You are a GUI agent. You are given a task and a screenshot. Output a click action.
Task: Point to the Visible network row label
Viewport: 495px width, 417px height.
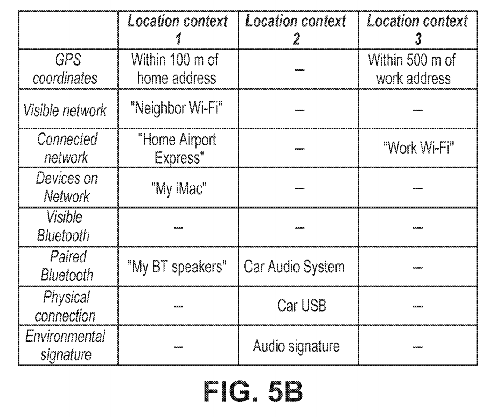click(x=67, y=111)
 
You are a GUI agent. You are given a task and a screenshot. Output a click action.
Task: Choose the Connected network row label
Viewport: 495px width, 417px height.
click(x=67, y=149)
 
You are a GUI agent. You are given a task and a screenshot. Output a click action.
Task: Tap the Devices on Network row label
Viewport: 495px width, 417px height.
click(x=67, y=187)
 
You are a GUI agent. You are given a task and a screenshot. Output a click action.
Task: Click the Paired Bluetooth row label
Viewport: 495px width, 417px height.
click(x=67, y=266)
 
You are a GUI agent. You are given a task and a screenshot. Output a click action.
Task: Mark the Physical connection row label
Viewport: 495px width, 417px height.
click(x=67, y=305)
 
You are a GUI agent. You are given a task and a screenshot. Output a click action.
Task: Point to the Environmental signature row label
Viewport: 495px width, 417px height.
click(x=67, y=346)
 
